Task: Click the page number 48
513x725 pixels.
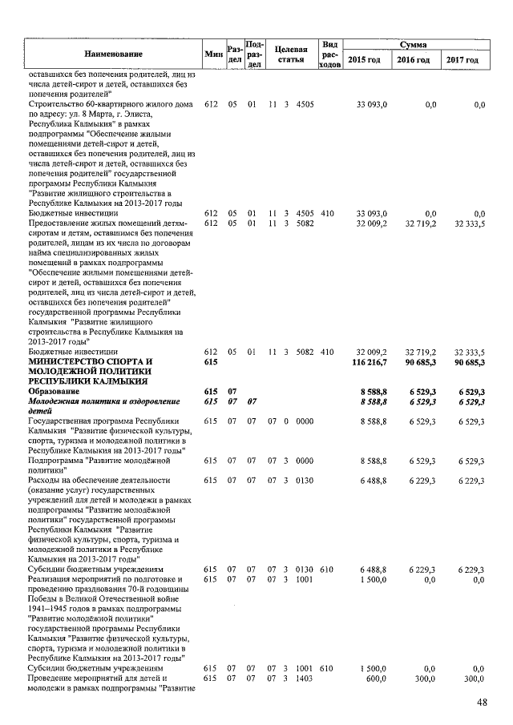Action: coord(483,702)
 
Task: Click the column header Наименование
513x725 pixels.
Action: coord(113,54)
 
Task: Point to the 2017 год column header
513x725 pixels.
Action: coord(463,60)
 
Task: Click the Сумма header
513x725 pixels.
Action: coord(414,46)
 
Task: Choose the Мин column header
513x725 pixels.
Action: coord(213,54)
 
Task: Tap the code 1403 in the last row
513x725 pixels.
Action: coord(305,678)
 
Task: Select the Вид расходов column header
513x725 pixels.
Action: coord(329,54)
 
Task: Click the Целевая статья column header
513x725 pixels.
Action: coord(289,54)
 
